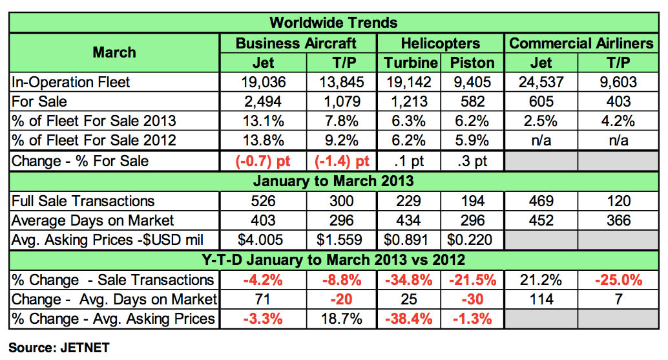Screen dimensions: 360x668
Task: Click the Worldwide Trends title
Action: click(x=333, y=23)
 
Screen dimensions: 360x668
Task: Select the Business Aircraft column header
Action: click(x=296, y=43)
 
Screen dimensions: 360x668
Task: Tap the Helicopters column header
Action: click(x=440, y=43)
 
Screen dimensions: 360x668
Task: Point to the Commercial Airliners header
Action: click(x=581, y=43)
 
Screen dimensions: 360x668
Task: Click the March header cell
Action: click(x=114, y=52)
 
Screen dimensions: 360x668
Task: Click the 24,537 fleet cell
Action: click(x=541, y=82)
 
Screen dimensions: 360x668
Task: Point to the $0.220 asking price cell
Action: click(x=472, y=240)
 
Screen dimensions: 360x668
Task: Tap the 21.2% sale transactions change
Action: click(x=541, y=280)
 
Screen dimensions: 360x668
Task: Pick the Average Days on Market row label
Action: click(x=83, y=220)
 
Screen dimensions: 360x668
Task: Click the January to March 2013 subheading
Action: click(x=333, y=181)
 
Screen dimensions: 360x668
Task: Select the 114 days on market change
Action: click(x=541, y=299)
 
